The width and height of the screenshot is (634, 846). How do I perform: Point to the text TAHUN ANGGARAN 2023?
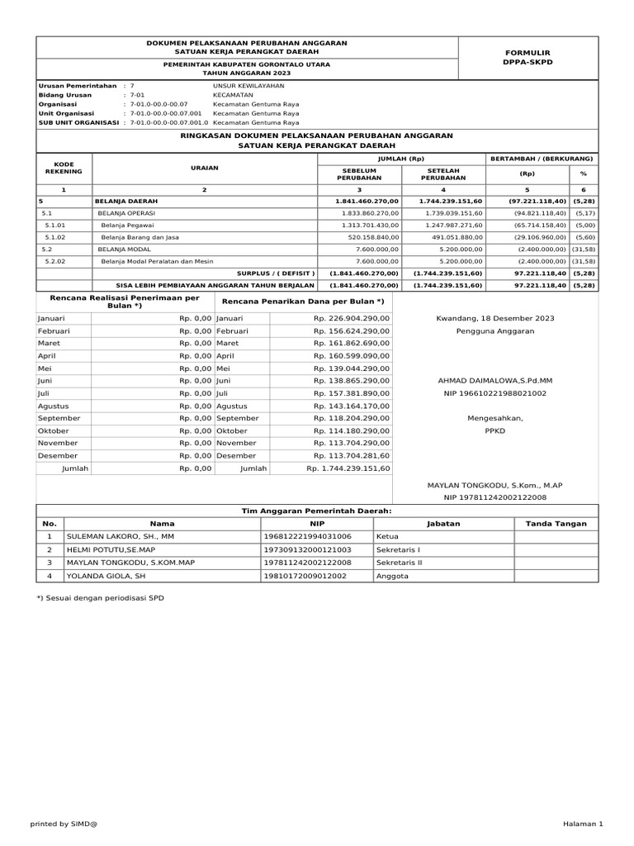[246, 74]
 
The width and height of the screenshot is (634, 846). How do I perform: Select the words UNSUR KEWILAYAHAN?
[248, 85]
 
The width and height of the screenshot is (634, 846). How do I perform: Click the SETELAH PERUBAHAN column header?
[442, 173]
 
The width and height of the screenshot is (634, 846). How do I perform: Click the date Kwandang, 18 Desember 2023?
[495, 318]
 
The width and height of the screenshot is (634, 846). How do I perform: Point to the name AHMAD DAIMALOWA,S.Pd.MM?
[495, 381]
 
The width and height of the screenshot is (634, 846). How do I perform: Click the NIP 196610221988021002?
[495, 393]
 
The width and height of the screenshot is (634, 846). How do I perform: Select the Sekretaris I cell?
[399, 549]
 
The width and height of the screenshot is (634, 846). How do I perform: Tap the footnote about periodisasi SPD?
[100, 597]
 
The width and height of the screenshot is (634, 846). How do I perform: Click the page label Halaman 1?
[583, 824]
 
